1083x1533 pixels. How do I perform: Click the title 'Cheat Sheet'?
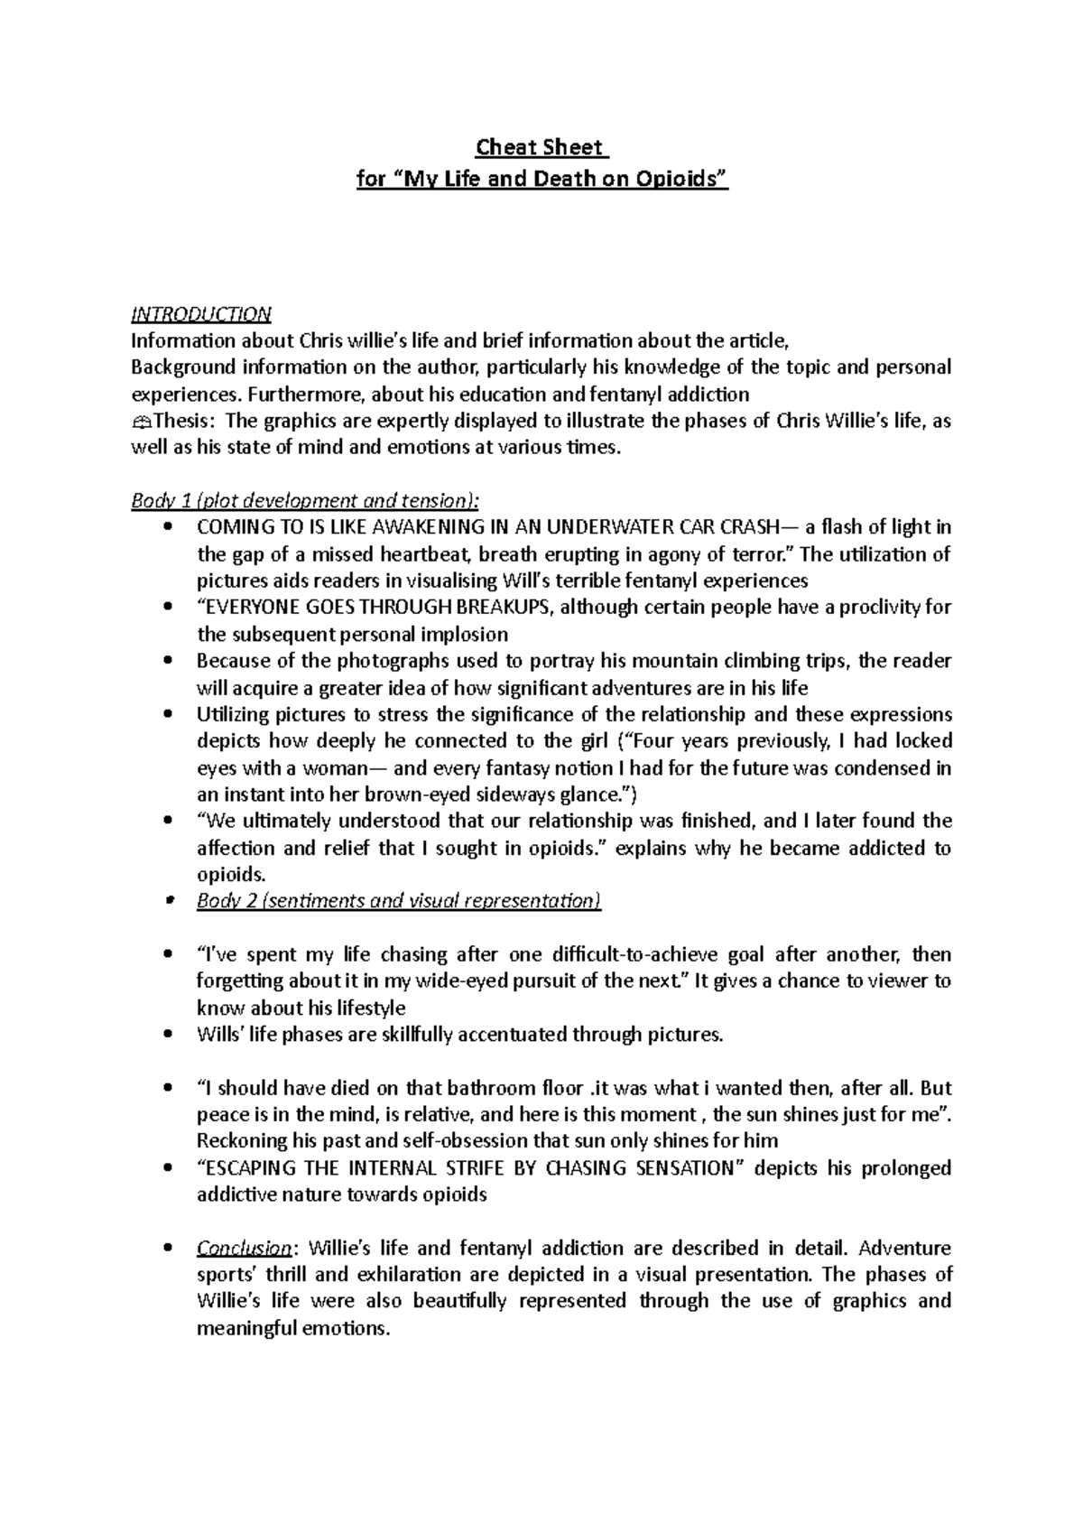point(541,147)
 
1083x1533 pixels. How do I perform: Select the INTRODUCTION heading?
point(200,314)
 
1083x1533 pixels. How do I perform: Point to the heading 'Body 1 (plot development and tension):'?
point(306,500)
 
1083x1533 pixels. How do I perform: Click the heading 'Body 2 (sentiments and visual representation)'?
point(398,901)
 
